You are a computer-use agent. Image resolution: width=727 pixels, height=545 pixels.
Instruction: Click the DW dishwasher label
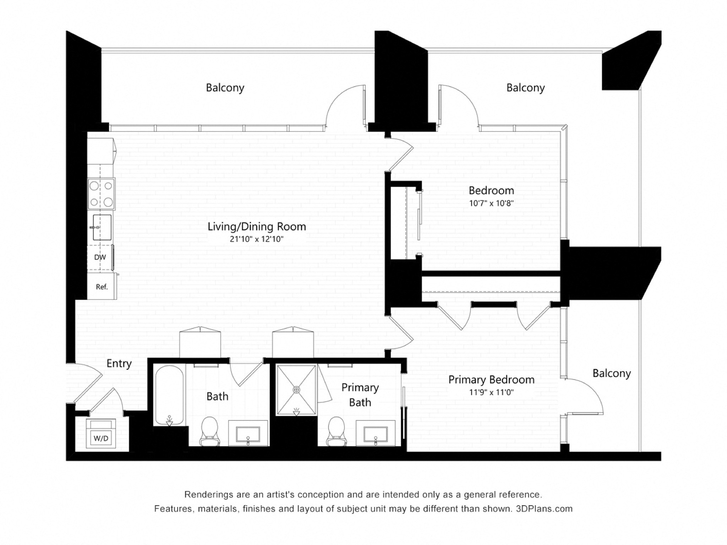coord(100,257)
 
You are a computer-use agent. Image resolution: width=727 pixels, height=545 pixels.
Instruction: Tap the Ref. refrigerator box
coord(102,287)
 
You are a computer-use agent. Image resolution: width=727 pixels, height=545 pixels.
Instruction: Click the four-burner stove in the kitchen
coord(101,194)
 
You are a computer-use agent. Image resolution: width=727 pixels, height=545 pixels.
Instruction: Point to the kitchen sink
coord(102,227)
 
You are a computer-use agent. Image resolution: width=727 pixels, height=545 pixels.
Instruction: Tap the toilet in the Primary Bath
coord(336,431)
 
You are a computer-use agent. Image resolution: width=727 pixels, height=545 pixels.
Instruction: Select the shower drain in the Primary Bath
coord(296,390)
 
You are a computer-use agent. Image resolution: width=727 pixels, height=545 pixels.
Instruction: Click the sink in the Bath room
coord(248,434)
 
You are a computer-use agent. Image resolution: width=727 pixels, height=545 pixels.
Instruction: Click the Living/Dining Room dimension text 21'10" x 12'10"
coord(256,239)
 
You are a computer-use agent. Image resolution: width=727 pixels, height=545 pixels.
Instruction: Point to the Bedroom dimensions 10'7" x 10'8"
coord(491,203)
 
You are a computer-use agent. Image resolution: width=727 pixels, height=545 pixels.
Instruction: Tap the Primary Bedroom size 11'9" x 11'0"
coord(491,392)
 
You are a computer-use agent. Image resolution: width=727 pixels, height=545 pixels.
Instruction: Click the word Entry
coord(119,364)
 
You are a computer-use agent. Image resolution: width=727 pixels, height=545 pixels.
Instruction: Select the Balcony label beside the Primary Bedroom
coord(611,373)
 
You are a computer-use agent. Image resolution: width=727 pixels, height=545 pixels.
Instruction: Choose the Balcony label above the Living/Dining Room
coord(225,88)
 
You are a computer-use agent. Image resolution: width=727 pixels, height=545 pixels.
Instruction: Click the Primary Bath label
coord(360,395)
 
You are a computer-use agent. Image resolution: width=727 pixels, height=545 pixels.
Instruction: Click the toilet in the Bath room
coord(209,431)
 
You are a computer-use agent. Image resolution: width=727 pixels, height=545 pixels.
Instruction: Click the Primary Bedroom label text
coord(491,380)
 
